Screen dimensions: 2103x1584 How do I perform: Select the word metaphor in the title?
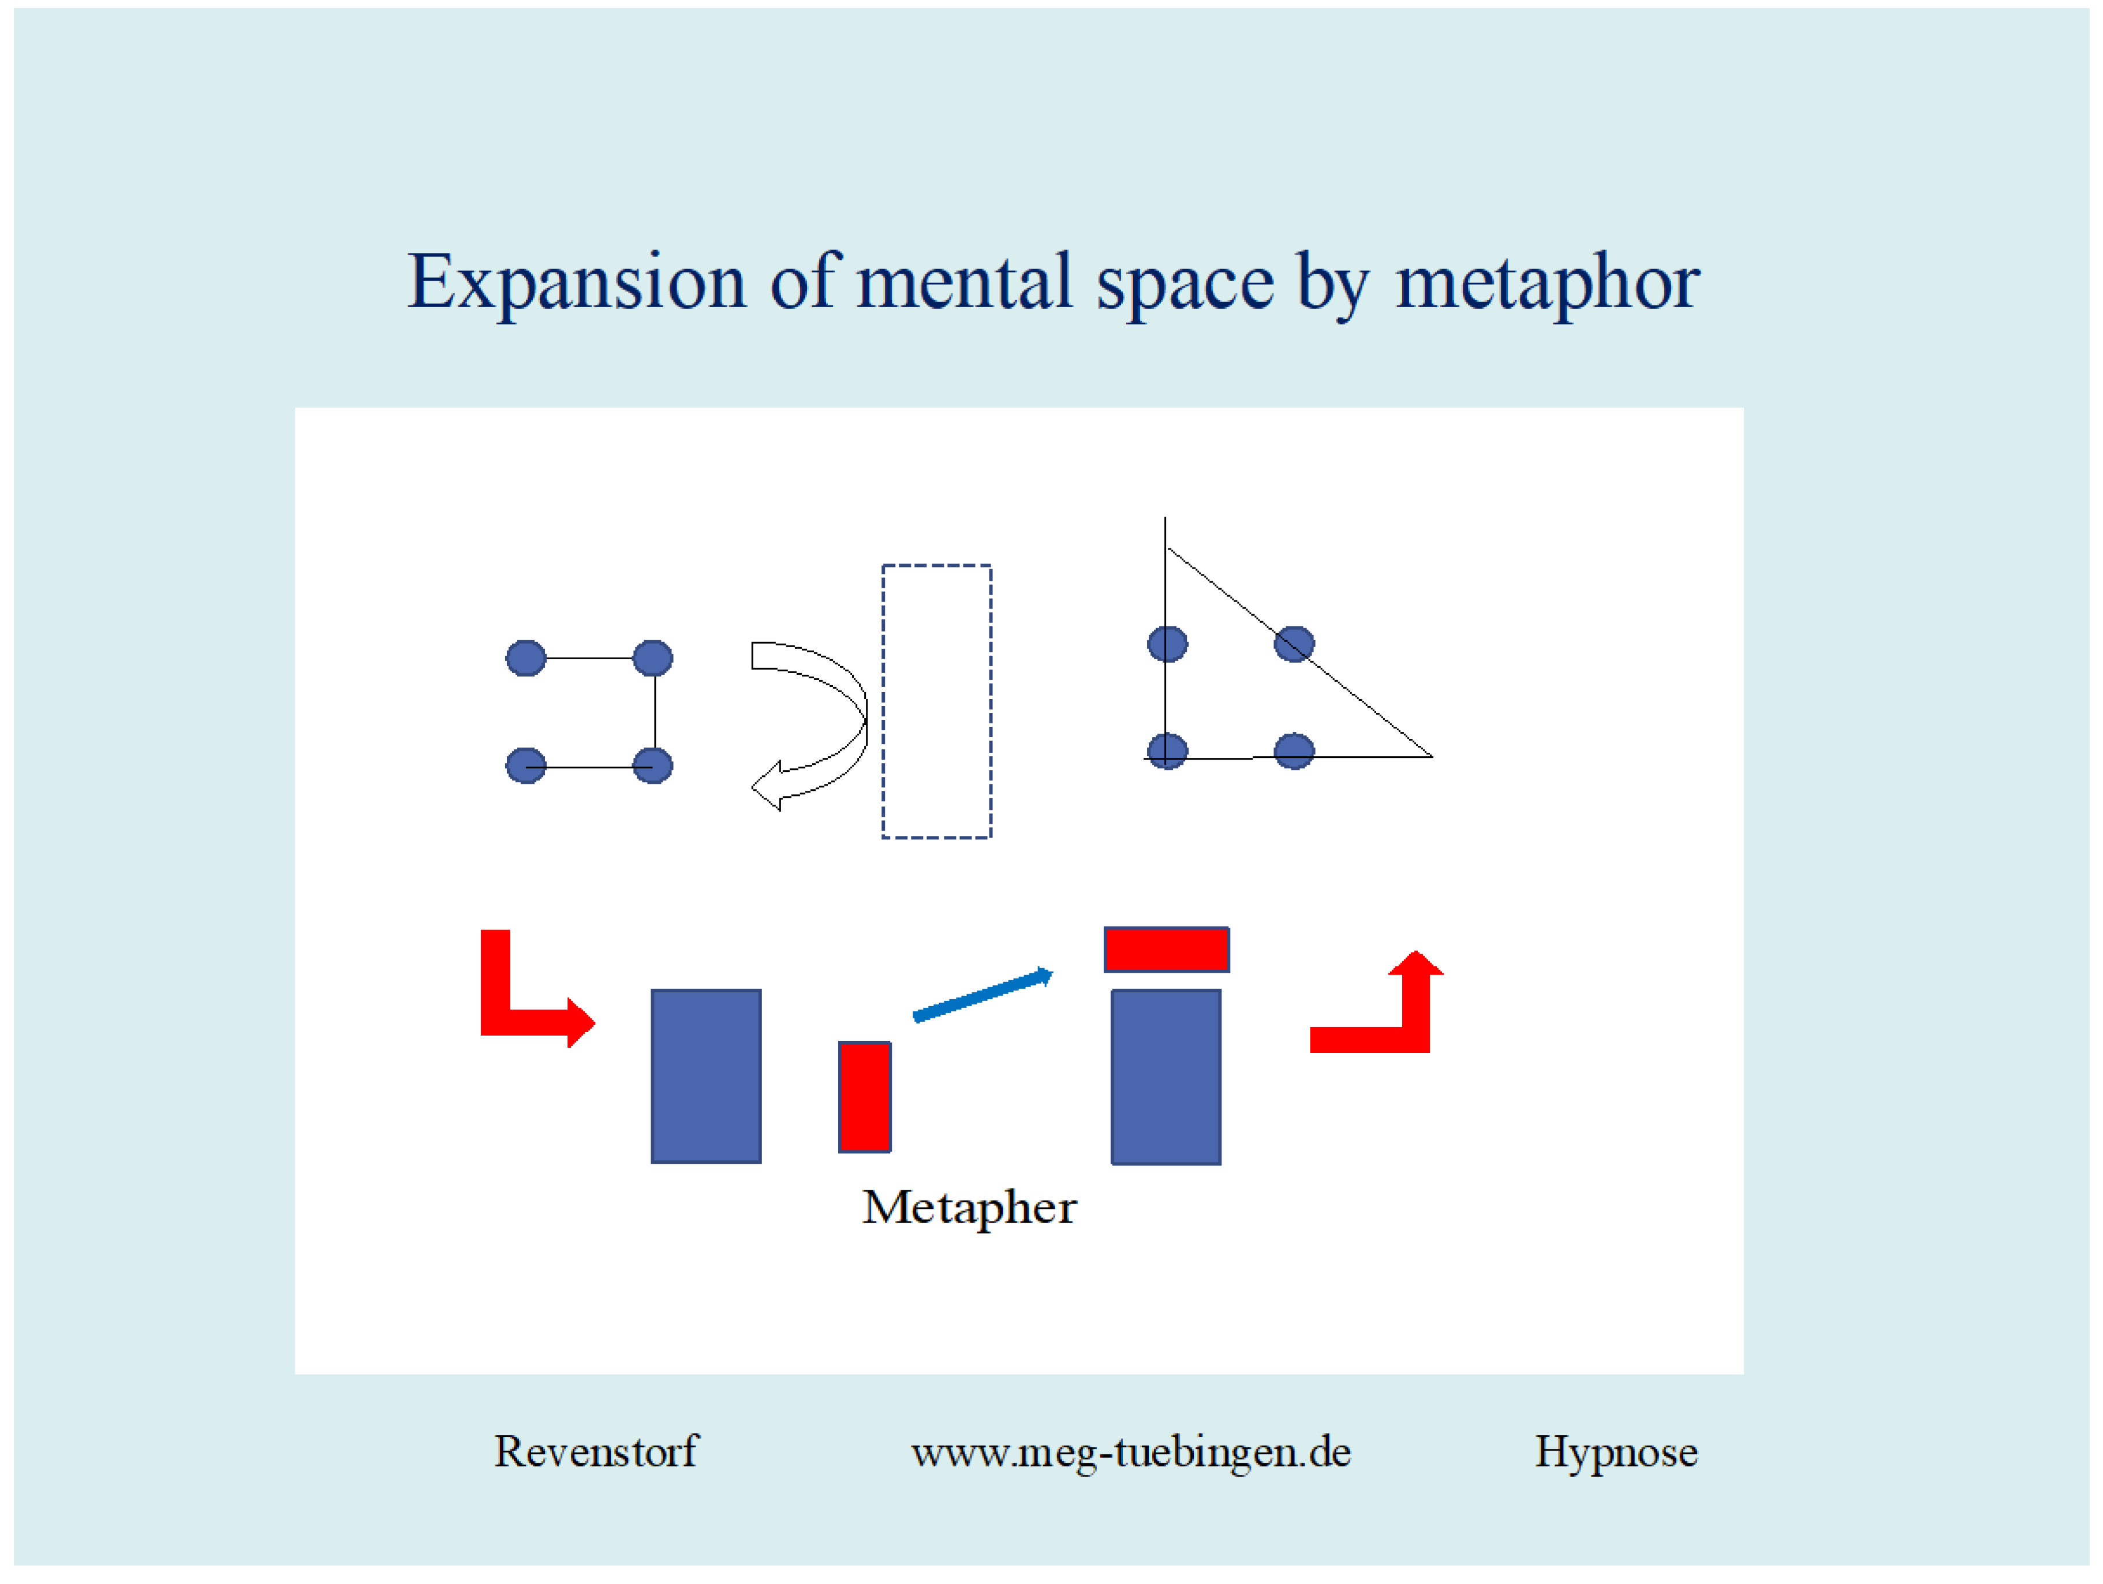(1548, 283)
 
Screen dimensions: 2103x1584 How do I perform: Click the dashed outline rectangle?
(883, 702)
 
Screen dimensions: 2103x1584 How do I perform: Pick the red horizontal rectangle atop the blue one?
(1167, 950)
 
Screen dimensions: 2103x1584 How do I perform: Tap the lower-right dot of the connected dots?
(652, 765)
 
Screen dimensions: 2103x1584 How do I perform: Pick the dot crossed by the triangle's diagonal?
(1294, 644)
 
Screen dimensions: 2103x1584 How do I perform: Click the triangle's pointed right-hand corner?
(1432, 757)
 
